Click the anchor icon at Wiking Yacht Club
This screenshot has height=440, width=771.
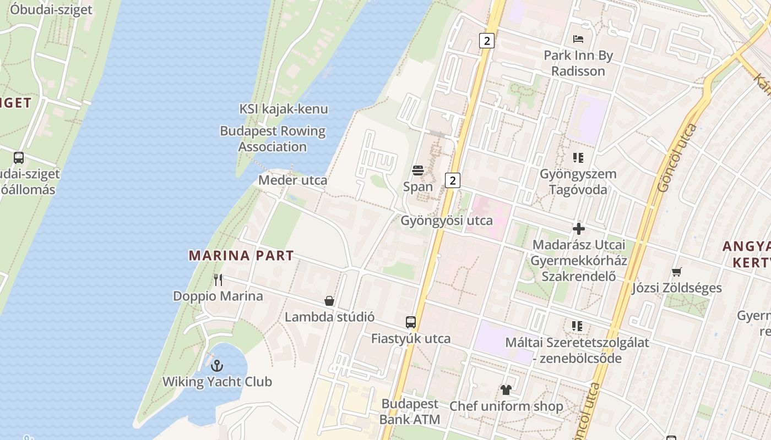point(218,366)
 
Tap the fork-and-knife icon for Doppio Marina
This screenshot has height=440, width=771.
point(218,280)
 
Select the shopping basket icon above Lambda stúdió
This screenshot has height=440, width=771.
point(329,301)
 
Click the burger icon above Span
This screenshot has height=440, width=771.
point(418,170)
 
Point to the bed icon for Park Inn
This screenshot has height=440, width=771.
point(578,39)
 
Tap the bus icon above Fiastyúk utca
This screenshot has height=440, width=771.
point(411,322)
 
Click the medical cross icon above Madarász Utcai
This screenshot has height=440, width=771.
point(579,229)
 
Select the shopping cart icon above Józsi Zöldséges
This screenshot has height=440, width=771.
point(677,272)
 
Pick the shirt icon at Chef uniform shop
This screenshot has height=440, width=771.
point(506,390)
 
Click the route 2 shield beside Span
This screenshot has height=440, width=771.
point(452,180)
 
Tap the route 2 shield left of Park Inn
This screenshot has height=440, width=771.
point(486,40)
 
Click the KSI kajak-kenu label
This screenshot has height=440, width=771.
point(284,109)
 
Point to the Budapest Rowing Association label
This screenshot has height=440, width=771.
point(273,139)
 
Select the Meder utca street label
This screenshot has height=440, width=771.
point(293,180)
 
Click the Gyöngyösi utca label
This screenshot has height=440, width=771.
point(447,221)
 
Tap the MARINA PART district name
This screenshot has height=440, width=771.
point(241,255)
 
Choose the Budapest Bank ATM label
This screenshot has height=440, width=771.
point(410,411)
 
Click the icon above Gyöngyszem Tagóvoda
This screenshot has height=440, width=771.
point(578,158)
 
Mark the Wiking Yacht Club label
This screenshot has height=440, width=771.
point(217,382)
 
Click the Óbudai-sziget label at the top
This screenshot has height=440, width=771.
point(51,9)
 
